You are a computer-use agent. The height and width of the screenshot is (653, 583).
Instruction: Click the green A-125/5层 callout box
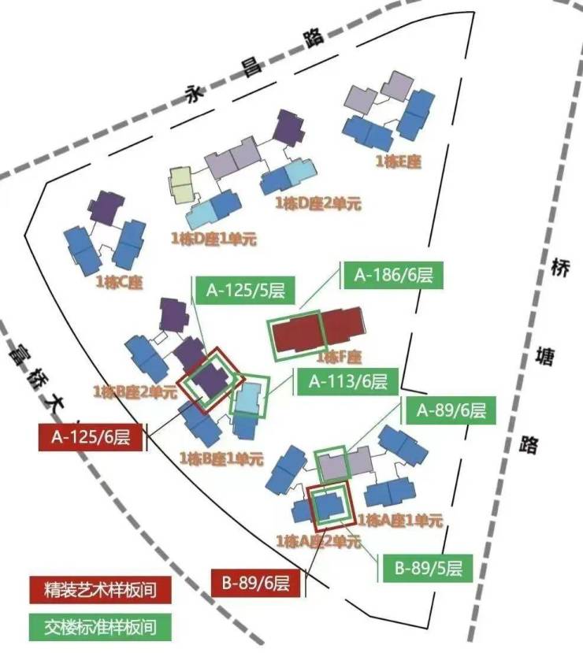click(245, 291)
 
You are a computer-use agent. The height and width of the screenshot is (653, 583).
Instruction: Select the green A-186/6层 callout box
click(393, 276)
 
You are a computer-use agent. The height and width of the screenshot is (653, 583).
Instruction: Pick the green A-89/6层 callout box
click(451, 410)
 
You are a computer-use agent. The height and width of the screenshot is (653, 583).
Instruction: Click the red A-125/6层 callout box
click(90, 437)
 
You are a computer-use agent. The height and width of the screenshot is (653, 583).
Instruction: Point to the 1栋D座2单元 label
click(318, 203)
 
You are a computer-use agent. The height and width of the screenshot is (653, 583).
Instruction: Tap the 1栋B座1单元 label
click(219, 457)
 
